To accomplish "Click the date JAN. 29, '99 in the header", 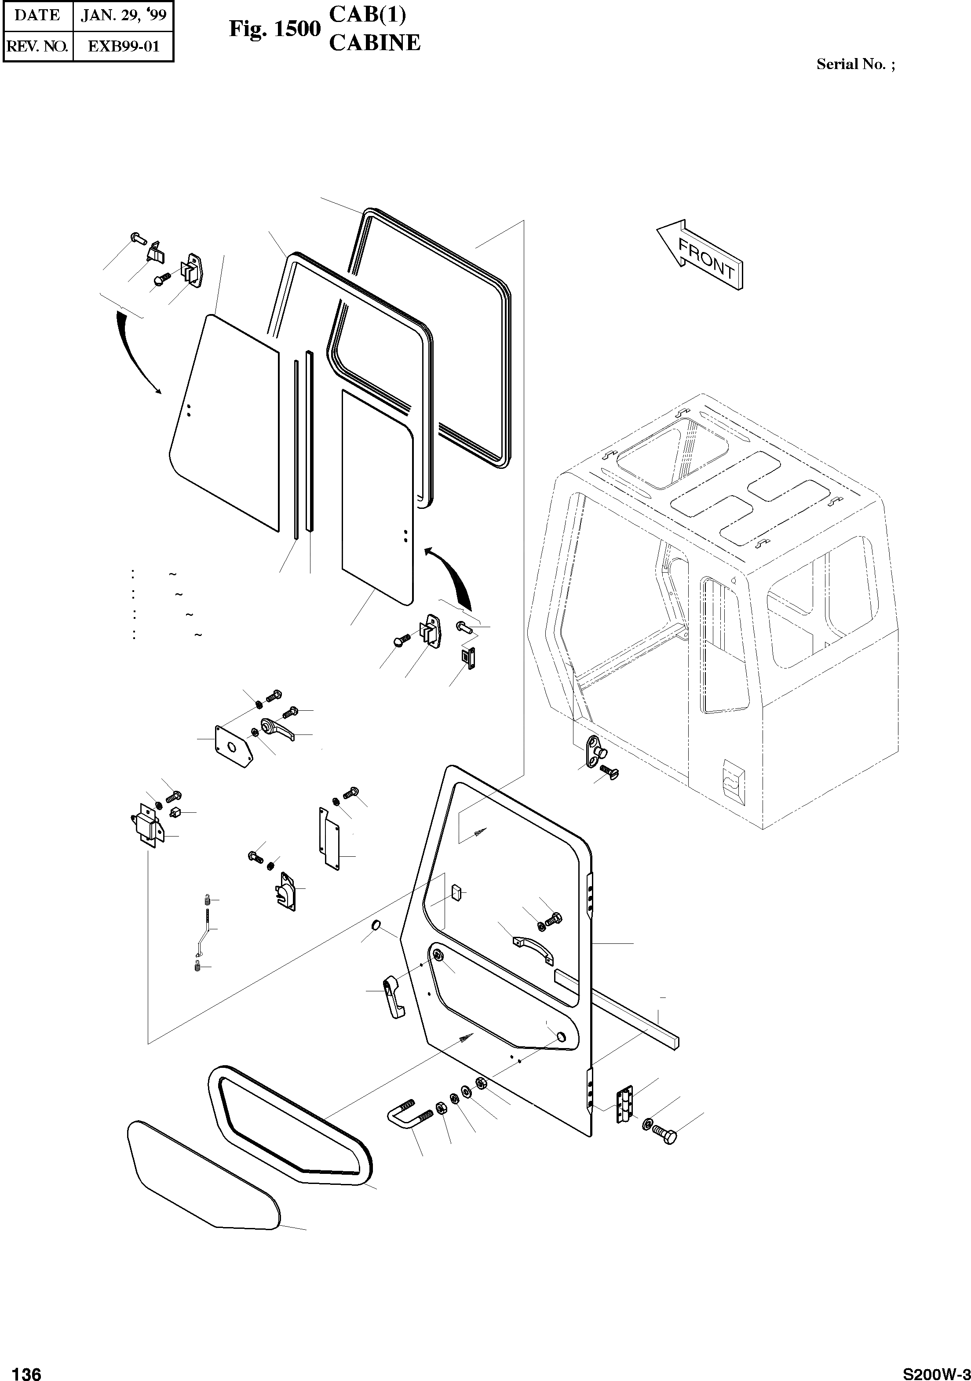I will click(123, 15).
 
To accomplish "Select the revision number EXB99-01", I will click(123, 46).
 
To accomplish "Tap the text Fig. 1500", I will click(275, 29).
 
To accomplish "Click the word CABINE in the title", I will click(375, 43).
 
